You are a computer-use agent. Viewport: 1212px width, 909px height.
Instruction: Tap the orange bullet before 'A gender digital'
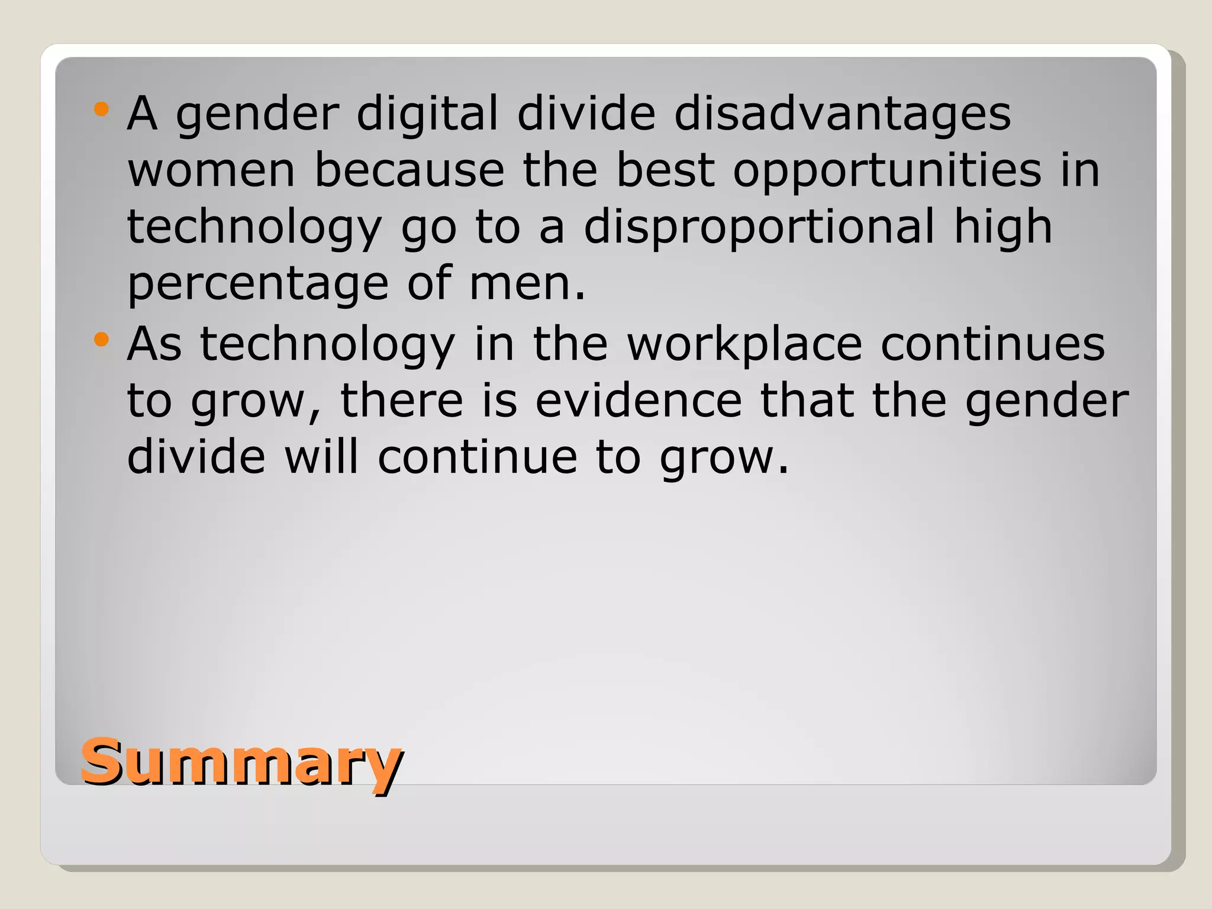(x=102, y=109)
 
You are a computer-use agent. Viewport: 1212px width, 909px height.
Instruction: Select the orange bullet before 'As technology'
(x=102, y=340)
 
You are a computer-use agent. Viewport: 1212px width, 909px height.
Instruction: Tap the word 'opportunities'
(x=887, y=172)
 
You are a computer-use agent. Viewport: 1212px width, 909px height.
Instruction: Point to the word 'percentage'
(x=258, y=284)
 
